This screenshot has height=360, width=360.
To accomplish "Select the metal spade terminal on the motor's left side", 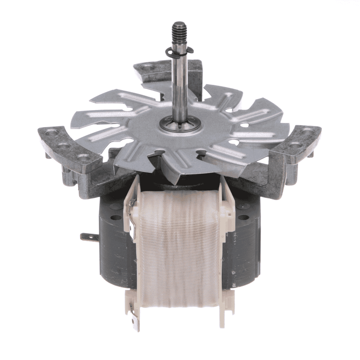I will click(87, 238).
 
